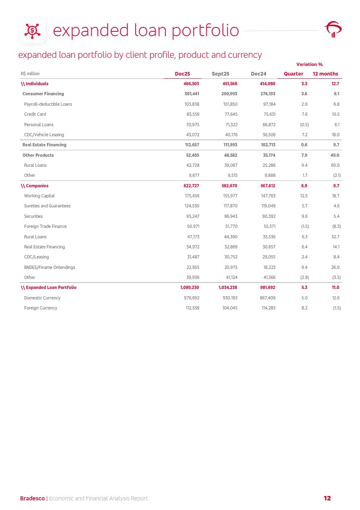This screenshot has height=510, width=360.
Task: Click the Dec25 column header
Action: (182, 74)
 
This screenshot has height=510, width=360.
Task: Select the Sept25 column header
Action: (220, 74)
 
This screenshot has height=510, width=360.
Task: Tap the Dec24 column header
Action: (259, 74)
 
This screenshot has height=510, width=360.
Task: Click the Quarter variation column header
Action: (294, 74)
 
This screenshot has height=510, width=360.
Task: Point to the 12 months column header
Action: (325, 74)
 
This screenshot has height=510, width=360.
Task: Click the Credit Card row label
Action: (35, 115)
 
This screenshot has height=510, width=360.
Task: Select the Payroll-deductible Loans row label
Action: (48, 104)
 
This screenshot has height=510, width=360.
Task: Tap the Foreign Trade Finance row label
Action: (45, 227)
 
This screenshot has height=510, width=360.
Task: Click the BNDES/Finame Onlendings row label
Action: (49, 268)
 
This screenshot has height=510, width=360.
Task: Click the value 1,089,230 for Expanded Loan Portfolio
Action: (189, 288)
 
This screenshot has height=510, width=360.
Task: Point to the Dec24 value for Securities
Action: (269, 217)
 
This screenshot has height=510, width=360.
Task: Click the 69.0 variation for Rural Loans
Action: (335, 166)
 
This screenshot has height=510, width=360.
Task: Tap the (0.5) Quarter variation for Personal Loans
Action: (305, 125)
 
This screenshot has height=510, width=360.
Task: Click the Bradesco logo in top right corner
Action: (333, 30)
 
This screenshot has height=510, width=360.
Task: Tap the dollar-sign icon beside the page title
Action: (33, 31)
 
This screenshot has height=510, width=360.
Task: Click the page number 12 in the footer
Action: (327, 498)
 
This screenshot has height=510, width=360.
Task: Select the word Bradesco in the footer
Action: (32, 499)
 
